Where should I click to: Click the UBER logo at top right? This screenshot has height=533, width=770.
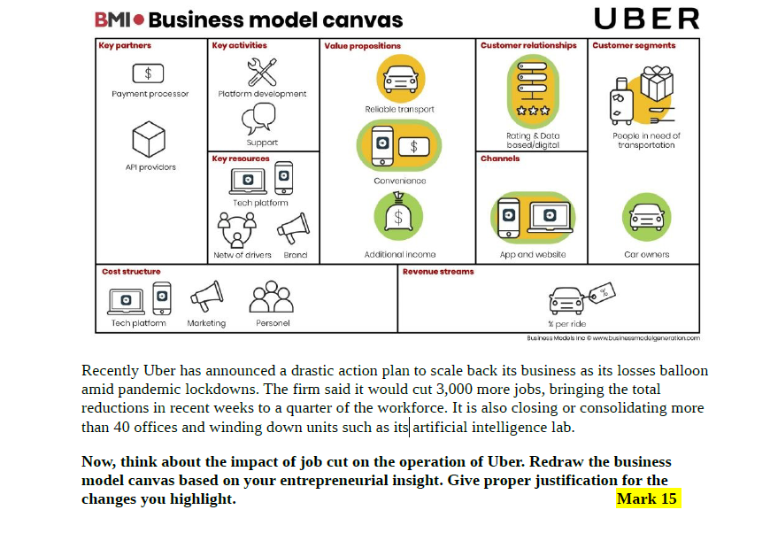click(646, 19)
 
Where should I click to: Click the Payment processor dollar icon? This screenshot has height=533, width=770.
click(148, 73)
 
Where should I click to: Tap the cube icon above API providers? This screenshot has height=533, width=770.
click(149, 138)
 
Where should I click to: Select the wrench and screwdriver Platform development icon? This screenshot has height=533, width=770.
click(262, 71)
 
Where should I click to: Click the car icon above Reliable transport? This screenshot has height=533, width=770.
click(400, 79)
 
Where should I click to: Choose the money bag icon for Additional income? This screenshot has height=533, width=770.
click(398, 215)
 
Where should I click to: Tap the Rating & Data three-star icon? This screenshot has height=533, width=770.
click(533, 90)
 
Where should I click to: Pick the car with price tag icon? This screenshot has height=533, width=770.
click(580, 298)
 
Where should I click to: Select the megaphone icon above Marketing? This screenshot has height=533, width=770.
click(206, 297)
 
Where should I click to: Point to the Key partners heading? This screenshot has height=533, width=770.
click(125, 45)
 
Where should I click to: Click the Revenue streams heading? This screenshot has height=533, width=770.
click(438, 272)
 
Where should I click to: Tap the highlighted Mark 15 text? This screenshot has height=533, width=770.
click(647, 498)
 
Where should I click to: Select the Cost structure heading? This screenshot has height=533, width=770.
click(131, 272)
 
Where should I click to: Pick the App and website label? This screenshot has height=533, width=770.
click(533, 255)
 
